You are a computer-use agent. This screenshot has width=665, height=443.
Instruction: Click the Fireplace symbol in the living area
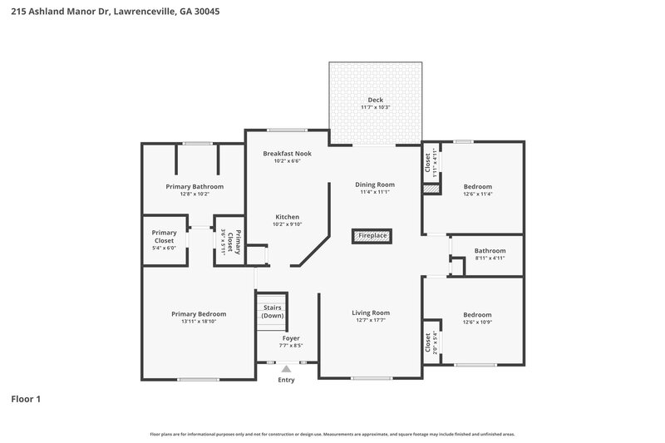372,236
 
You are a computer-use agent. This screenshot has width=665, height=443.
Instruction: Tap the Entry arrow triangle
286,368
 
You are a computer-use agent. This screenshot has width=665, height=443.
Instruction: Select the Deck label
376,100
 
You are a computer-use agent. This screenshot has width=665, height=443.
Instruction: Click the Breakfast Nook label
287,154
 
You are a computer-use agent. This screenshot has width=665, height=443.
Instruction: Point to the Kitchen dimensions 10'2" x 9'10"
287,224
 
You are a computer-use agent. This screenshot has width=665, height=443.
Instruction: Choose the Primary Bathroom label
195,187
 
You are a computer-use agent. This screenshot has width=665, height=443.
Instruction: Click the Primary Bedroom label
199,313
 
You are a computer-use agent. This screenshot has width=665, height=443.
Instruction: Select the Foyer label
290,338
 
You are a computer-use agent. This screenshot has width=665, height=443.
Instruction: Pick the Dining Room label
375,185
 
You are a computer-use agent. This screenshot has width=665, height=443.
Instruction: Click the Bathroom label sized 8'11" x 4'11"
490,250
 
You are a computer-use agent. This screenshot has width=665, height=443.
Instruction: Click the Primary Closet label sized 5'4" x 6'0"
164,236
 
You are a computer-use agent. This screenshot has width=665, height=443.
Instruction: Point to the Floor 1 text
26,399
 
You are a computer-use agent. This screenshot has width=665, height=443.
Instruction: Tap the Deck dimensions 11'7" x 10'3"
376,108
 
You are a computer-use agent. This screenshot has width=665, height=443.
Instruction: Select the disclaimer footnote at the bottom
332,434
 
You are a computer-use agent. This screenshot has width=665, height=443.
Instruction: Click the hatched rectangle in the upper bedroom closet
430,190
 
